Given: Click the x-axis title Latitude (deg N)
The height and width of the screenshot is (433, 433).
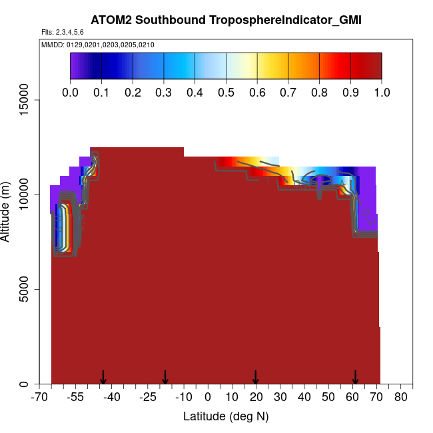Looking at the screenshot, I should tap(226, 416).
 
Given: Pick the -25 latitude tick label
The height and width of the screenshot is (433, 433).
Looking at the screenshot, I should tap(149, 398).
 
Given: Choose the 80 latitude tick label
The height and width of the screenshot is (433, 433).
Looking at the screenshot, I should tap(401, 398).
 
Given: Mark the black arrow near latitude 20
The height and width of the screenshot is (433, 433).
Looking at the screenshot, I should tap(256, 377).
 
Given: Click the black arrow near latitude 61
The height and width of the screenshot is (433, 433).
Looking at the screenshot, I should tap(355, 377).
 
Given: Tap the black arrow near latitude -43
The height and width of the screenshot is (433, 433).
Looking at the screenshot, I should tap(103, 377).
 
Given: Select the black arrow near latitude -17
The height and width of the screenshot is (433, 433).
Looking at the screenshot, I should tap(165, 377).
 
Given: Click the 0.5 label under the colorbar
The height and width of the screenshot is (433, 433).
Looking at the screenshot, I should tap(226, 92).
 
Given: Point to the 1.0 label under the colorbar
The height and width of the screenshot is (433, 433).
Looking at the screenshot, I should tap(381, 92).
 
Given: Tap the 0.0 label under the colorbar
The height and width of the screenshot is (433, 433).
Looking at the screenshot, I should tap(71, 92).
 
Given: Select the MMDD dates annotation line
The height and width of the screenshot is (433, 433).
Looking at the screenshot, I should tap(98, 45).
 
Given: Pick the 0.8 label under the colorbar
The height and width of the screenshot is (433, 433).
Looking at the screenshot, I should tap(319, 92).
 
